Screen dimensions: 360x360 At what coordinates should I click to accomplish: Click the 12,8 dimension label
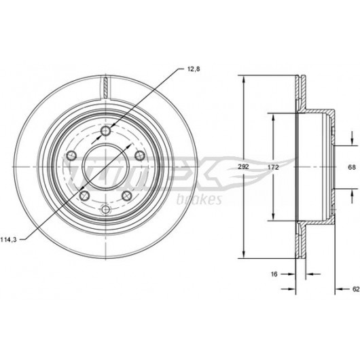click(194, 69)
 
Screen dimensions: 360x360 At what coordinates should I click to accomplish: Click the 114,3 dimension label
click(9, 240)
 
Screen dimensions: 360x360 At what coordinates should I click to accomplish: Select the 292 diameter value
click(243, 167)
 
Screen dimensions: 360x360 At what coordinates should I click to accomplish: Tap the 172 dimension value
click(273, 167)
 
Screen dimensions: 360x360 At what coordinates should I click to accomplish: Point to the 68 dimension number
click(352, 167)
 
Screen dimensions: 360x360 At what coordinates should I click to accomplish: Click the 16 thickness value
click(274, 274)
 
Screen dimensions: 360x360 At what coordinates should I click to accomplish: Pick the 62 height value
click(356, 289)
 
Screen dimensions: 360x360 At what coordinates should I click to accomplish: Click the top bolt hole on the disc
click(105, 131)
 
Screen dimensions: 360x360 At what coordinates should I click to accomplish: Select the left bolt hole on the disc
click(71, 156)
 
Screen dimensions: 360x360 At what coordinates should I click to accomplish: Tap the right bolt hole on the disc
click(140, 156)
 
